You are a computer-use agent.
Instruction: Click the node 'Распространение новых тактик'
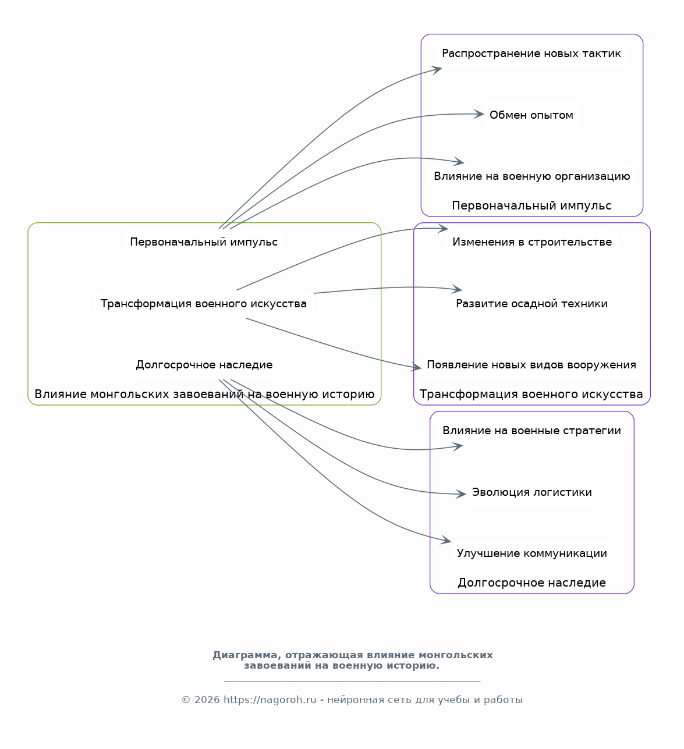point(531,54)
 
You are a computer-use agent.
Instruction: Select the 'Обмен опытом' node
point(531,115)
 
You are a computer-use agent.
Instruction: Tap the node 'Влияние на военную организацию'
point(532,176)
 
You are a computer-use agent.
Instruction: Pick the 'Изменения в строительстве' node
point(532,242)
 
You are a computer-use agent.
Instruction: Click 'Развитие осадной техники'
point(532,304)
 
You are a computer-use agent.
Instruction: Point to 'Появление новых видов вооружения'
point(531,365)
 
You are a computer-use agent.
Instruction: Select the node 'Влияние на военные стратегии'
point(532,431)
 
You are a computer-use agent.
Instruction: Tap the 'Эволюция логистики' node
point(532,492)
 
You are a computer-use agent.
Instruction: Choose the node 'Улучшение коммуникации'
point(532,553)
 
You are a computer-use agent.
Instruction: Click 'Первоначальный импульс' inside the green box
point(204,242)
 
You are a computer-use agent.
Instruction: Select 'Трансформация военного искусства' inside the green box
point(204,304)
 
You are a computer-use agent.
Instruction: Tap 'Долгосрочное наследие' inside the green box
point(204,365)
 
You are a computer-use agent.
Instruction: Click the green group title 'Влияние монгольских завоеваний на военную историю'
point(204,395)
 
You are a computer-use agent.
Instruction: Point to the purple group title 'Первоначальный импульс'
point(531,206)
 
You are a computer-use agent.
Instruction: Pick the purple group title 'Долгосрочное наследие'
point(532,583)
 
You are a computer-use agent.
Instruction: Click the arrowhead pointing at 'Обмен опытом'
point(479,114)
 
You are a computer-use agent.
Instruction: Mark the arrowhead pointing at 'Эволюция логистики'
point(460,494)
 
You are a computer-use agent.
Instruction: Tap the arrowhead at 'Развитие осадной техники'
point(457,289)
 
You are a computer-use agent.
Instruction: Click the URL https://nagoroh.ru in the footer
point(270,700)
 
